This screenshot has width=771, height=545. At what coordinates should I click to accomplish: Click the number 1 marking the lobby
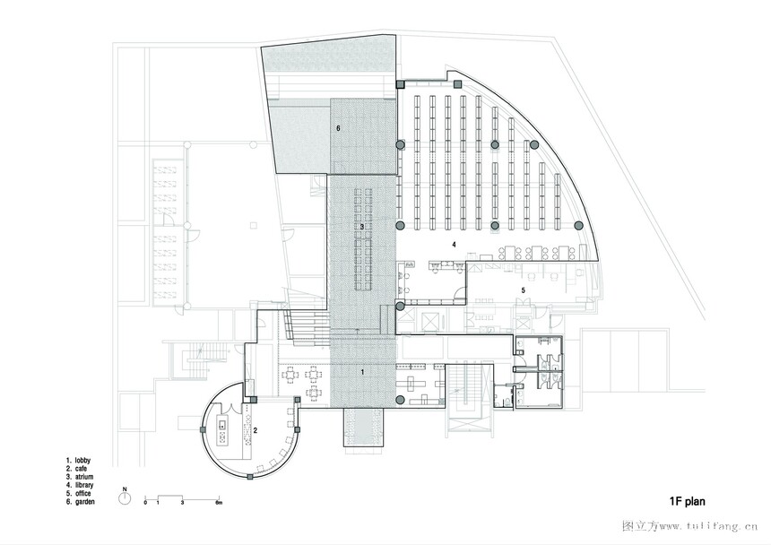363,372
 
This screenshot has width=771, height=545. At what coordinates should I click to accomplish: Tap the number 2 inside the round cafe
256,430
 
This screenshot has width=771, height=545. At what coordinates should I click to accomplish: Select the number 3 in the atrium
362,227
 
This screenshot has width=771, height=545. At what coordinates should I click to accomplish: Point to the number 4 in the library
454,244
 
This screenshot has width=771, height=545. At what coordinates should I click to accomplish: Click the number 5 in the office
524,290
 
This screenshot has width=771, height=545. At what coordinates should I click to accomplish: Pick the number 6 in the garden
338,128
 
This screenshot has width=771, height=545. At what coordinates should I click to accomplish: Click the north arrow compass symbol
125,497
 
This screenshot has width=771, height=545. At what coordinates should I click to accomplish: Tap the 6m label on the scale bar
219,503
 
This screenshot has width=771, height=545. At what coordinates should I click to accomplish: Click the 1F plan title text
687,501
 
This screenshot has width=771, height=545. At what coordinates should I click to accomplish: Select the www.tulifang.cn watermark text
708,526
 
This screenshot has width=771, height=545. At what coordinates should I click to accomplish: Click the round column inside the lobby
400,400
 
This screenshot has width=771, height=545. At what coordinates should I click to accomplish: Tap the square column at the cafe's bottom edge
250,477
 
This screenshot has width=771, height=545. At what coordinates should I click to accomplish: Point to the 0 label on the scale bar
145,503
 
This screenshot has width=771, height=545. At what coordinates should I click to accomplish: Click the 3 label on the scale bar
182,503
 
